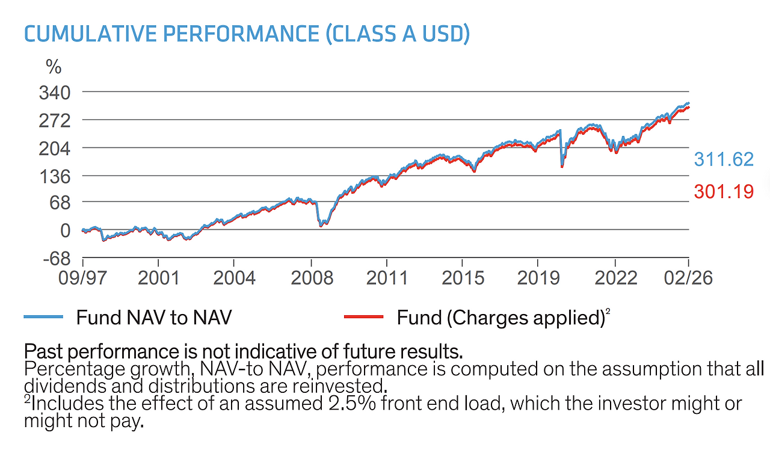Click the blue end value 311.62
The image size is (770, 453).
pos(724,159)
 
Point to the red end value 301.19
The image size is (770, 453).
pos(724,192)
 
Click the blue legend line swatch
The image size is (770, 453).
pos(43,316)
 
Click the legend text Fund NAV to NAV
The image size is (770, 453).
pos(153,317)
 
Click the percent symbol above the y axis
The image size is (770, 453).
pos(54,67)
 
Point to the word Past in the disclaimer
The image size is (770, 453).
pos(43,350)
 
